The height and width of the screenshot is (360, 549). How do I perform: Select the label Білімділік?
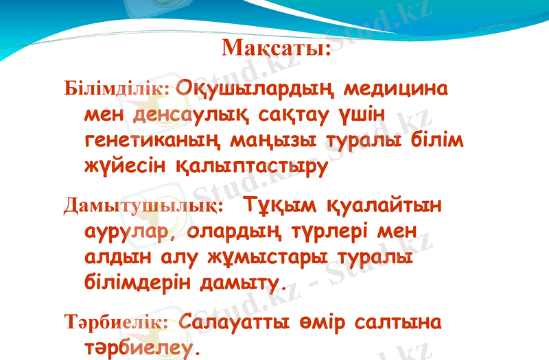[117, 90]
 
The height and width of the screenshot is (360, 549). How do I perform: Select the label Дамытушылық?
[143, 205]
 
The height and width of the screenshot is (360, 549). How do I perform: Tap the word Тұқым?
[281, 205]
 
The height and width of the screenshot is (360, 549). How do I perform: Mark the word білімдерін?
[137, 282]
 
